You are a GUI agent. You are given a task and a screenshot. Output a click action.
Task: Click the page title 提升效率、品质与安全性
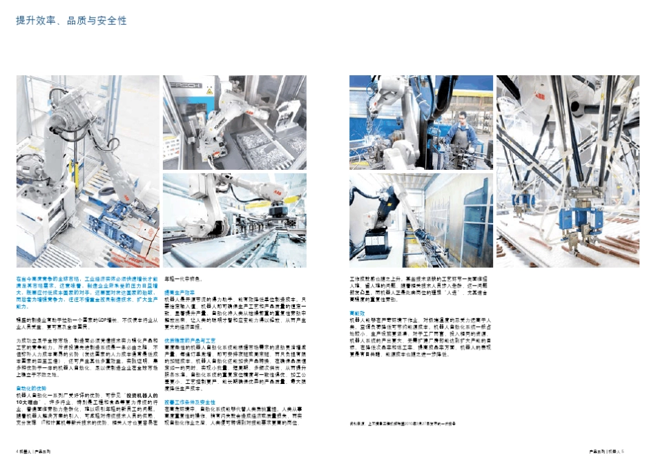(x=71, y=21)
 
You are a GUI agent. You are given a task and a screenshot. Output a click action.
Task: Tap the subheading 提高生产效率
(x=177, y=293)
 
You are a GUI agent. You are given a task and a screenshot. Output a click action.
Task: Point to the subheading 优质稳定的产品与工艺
(x=188, y=340)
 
